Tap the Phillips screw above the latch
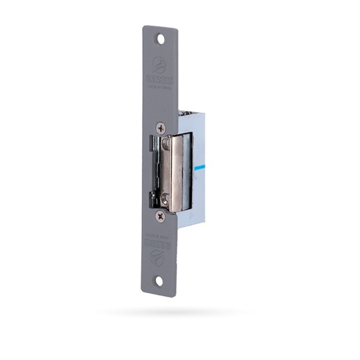161,128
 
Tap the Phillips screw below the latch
160,217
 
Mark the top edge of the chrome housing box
191,112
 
